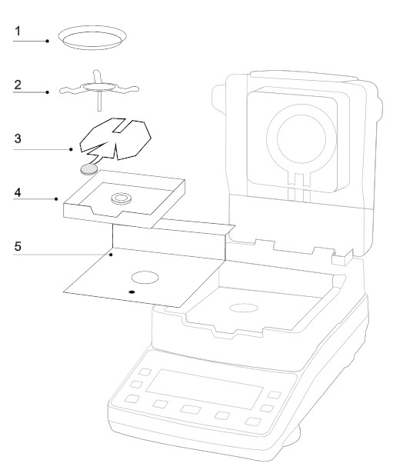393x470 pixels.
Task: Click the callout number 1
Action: [18, 32]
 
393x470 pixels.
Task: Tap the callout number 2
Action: [18, 85]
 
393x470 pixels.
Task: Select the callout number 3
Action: [18, 138]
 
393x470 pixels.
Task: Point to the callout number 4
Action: [18, 192]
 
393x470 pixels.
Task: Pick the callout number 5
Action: [18, 246]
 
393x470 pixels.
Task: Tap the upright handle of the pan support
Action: [97, 76]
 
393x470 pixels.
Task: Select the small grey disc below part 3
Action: [89, 170]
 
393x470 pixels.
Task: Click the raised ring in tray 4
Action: [122, 198]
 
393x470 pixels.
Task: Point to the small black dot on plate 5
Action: [132, 292]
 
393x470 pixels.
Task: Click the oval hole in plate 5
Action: [145, 278]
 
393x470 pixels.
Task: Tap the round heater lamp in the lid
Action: [301, 138]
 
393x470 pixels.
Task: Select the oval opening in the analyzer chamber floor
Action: [244, 308]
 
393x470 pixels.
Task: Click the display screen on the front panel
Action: [205, 389]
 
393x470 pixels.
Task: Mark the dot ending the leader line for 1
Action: [48, 41]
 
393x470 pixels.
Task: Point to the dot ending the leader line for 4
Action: [56, 199]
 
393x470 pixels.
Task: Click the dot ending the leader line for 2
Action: [48, 92]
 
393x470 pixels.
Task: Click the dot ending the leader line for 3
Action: [71, 149]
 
